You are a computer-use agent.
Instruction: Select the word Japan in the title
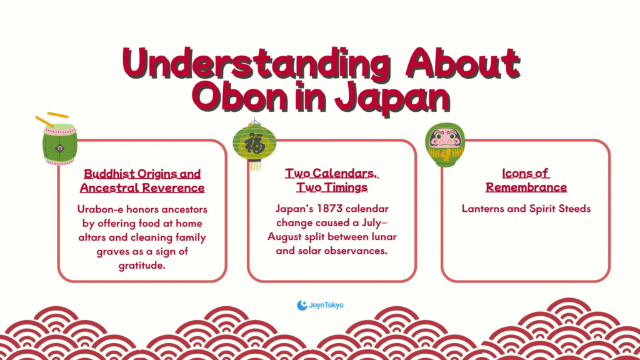tap(392, 98)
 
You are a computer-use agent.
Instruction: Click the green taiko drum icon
tap(59, 144)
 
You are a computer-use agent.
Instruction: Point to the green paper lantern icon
tap(255, 144)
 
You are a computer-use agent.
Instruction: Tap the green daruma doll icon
tap(445, 145)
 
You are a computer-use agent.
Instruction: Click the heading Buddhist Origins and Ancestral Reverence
tap(142, 181)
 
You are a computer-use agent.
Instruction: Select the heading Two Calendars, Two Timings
tap(332, 180)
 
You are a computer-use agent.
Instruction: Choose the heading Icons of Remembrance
tap(526, 180)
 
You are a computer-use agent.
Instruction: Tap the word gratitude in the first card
tap(141, 266)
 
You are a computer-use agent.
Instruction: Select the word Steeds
tap(575, 209)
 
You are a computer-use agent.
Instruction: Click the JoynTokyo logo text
tap(326, 305)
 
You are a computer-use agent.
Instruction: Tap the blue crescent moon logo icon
tap(302, 305)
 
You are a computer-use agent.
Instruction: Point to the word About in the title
tap(462, 63)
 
